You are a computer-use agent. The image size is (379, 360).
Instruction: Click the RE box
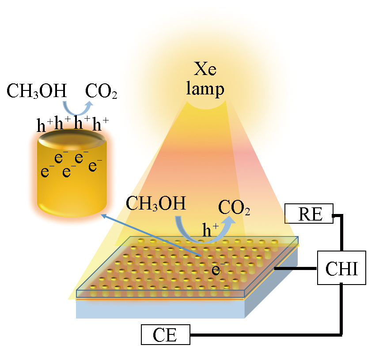pos(309,214)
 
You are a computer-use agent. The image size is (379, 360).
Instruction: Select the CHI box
pos(342,268)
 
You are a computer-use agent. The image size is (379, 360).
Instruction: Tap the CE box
pos(165,334)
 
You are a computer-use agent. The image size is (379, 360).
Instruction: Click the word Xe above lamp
pos(205,70)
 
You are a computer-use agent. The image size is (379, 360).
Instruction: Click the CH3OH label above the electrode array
pos(155,204)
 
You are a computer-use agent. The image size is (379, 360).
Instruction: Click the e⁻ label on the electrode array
pos(216,269)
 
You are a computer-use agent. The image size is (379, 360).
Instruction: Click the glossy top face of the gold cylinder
pos(72,140)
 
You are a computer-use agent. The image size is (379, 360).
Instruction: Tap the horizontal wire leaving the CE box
pos(265,334)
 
